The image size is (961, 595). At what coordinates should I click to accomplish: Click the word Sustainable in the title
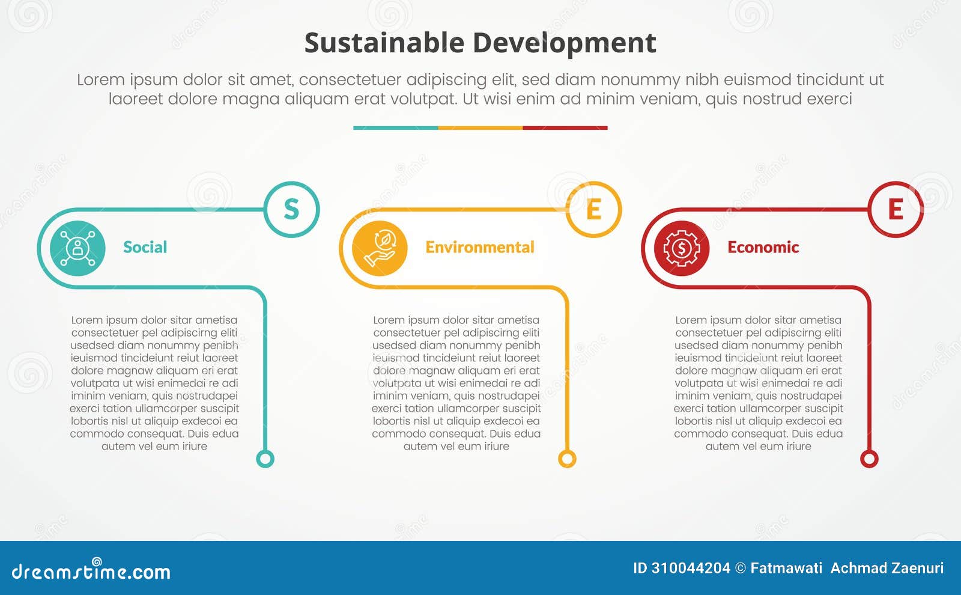[x=384, y=43]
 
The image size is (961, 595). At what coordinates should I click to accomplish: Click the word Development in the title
[x=564, y=43]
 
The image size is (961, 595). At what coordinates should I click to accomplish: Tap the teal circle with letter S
[x=291, y=209]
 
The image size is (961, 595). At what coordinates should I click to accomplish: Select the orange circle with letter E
[x=593, y=209]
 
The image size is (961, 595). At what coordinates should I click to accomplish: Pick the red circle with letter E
[x=896, y=209]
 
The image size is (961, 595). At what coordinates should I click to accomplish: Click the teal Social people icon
[x=77, y=248]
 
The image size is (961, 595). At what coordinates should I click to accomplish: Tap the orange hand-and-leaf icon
[x=380, y=248]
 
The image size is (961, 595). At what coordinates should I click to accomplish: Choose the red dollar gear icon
[x=682, y=248]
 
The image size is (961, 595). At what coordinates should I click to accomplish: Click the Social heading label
[x=145, y=247]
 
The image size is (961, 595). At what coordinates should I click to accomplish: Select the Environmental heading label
[x=479, y=247]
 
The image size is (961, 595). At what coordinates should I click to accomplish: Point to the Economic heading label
[x=763, y=247]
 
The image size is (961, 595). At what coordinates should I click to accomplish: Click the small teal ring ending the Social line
[x=265, y=459]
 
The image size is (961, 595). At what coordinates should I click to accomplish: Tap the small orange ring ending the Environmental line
[x=567, y=459]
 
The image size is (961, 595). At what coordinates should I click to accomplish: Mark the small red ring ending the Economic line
[x=869, y=459]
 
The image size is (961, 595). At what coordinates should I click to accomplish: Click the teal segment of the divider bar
[x=395, y=128]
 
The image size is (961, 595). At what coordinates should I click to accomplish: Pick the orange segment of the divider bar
[x=480, y=128]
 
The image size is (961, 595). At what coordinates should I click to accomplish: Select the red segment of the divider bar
[x=565, y=128]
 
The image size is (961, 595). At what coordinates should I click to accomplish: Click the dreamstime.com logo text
[x=91, y=571]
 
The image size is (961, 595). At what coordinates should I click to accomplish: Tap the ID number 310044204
[x=690, y=568]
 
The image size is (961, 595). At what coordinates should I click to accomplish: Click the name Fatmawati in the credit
[x=786, y=568]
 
